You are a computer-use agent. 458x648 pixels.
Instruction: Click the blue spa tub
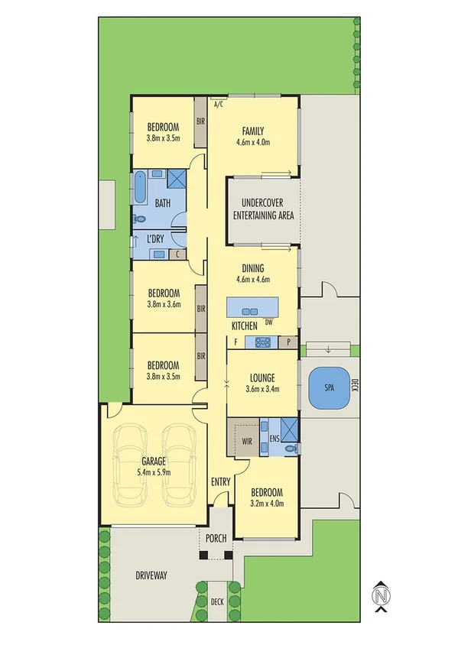[329, 388]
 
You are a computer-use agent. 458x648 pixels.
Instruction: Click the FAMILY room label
[253, 131]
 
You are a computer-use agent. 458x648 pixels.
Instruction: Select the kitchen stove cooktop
[263, 343]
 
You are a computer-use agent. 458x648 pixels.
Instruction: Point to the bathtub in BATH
[141, 187]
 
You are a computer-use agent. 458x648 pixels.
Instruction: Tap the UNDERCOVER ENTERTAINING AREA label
[262, 209]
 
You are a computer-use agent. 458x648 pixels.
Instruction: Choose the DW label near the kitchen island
[268, 322]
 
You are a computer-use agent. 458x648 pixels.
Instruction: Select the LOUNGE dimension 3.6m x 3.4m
[263, 389]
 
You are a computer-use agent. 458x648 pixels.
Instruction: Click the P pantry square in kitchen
[289, 343]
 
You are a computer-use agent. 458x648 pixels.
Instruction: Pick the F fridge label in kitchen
[235, 343]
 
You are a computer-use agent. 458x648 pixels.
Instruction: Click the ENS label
[274, 439]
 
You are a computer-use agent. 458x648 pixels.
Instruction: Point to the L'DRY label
[155, 239]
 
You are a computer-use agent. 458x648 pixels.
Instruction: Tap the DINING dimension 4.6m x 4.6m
[253, 280]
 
